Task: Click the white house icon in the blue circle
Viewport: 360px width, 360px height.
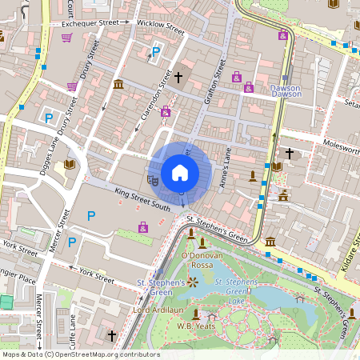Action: click(180, 173)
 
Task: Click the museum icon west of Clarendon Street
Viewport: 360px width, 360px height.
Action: click(118, 85)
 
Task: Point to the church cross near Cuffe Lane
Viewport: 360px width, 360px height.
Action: click(112, 335)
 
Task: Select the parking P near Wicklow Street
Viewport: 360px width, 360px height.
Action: click(156, 53)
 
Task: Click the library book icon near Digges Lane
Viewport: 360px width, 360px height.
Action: click(69, 164)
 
